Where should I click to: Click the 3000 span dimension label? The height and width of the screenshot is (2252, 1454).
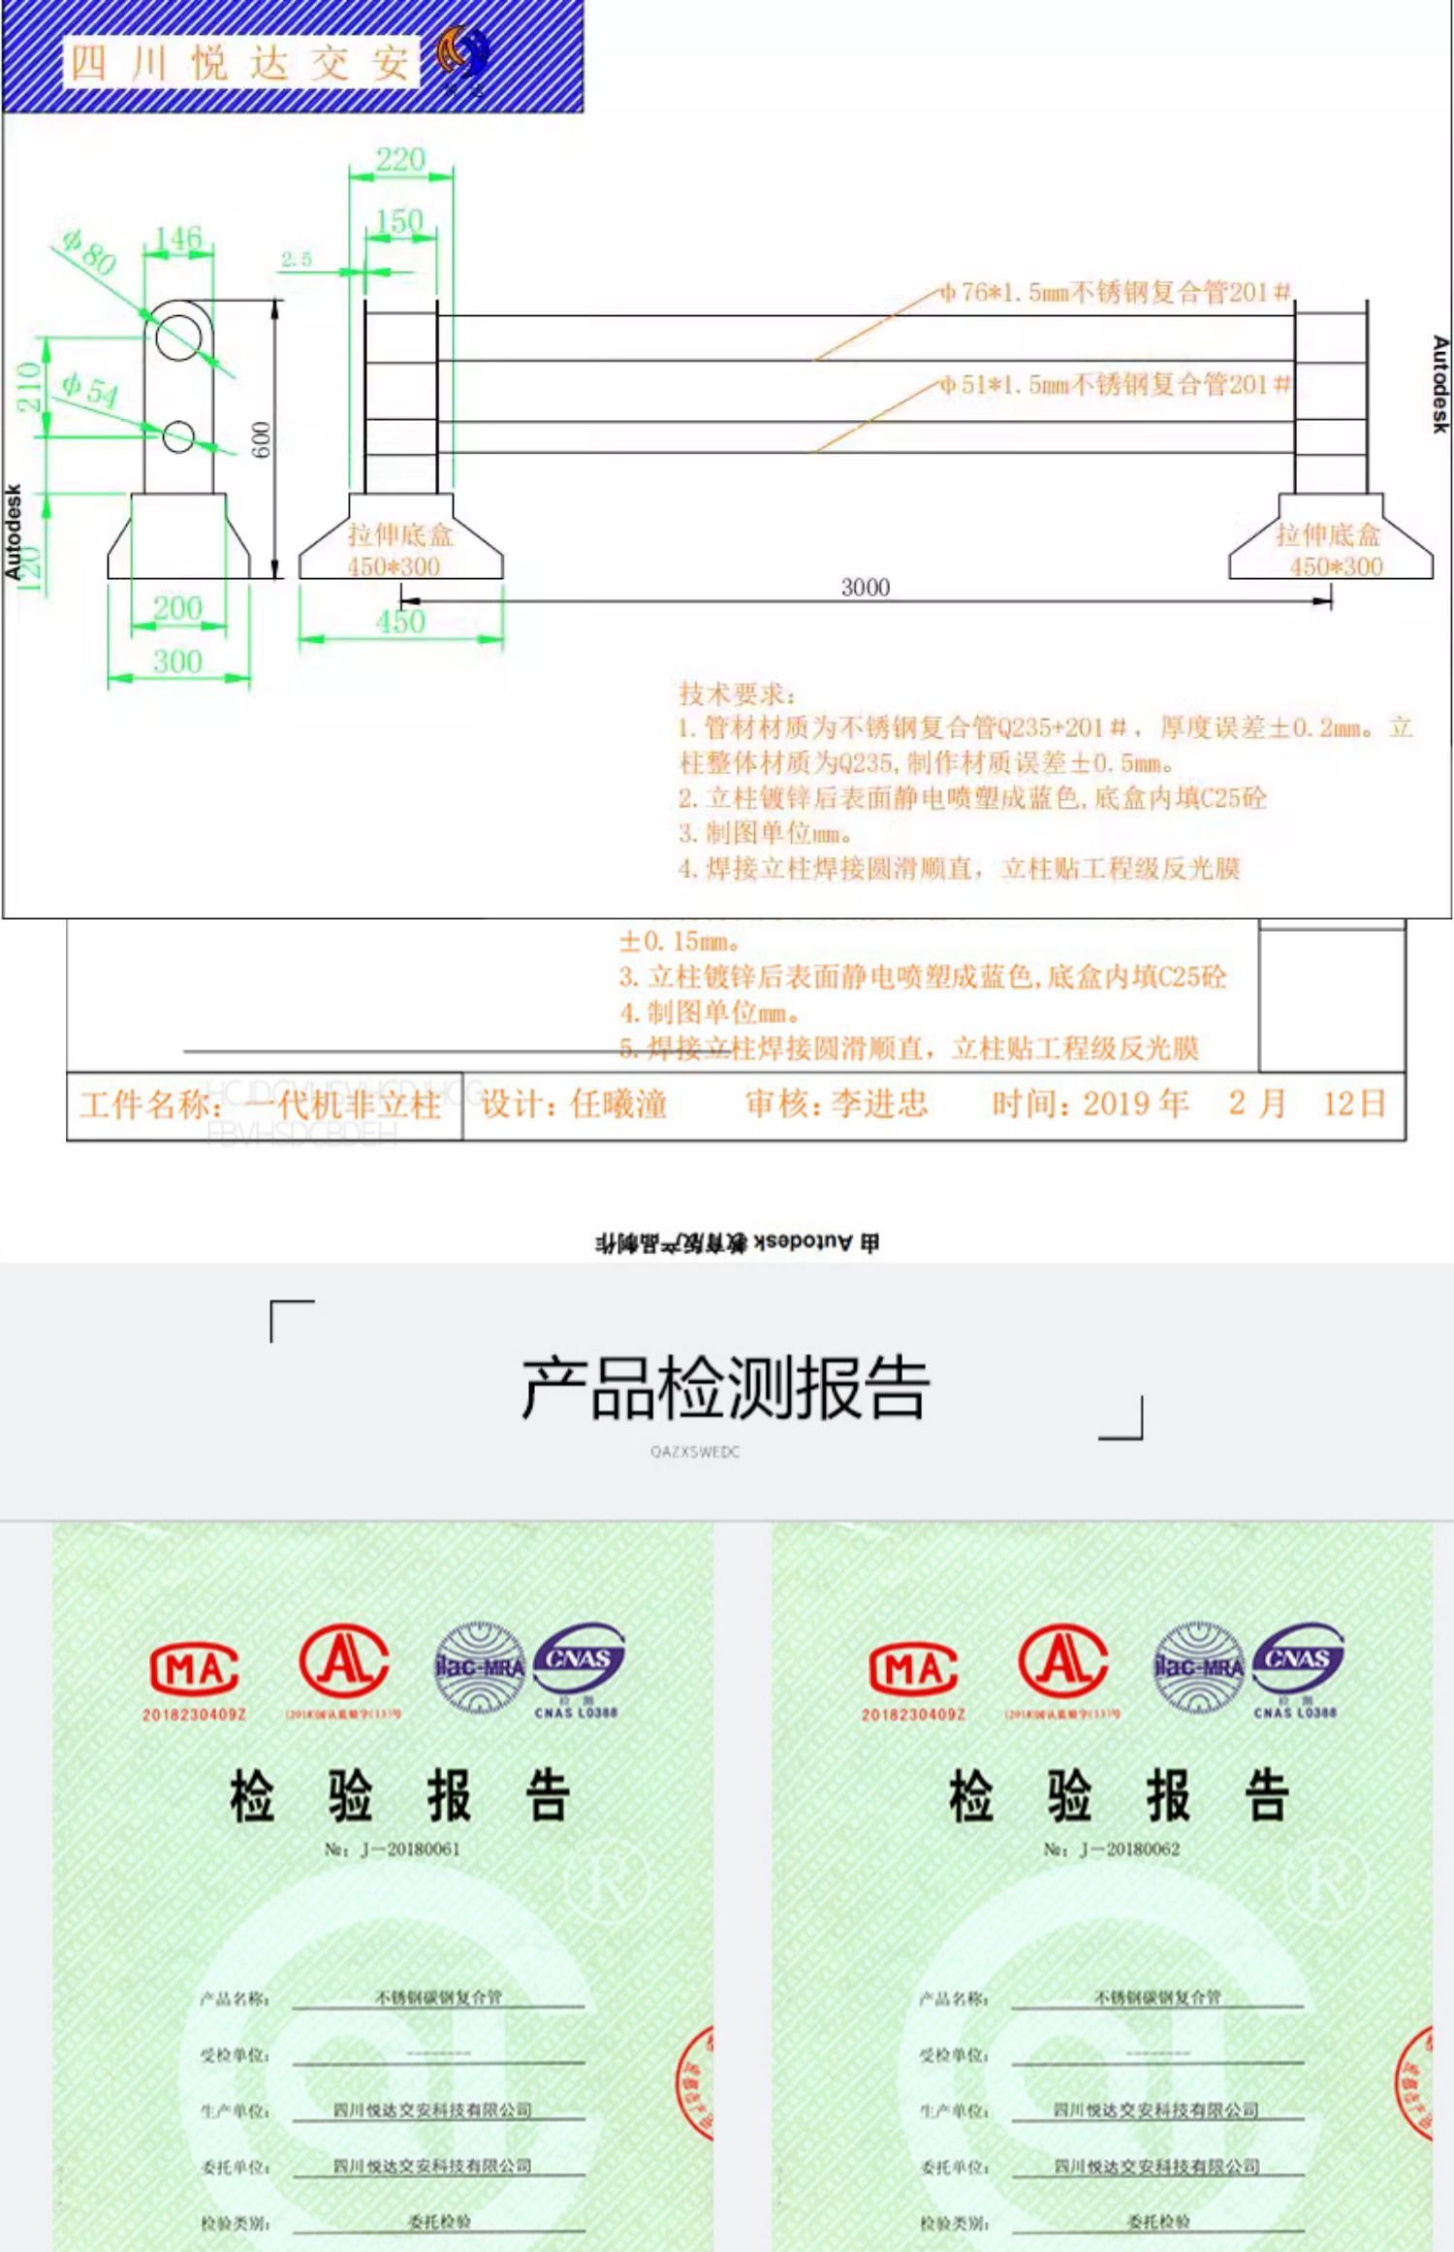[x=865, y=587]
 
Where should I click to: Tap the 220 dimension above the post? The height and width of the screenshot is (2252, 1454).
[x=400, y=159]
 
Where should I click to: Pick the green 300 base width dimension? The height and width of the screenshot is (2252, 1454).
[x=177, y=661]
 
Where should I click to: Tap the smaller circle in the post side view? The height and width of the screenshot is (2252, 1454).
[x=178, y=436]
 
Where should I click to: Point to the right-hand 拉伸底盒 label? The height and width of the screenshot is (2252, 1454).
[x=1327, y=534]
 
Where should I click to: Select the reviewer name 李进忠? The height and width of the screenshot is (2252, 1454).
[x=879, y=1103]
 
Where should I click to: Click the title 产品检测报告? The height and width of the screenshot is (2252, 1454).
[x=725, y=1388]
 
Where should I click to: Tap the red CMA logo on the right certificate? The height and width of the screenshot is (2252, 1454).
[x=913, y=1669]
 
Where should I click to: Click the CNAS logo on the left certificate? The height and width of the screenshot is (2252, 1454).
[x=579, y=1664]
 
